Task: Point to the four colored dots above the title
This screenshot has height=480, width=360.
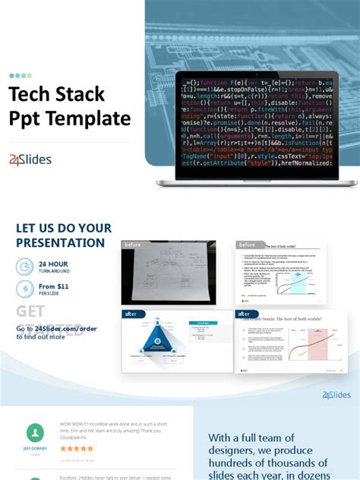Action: tap(21, 75)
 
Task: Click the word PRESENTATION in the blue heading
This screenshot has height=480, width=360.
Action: tap(61, 243)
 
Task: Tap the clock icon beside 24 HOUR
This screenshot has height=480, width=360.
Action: tap(24, 266)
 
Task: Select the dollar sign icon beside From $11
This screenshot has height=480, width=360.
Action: tap(24, 289)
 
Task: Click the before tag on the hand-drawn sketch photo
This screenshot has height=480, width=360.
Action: tap(134, 245)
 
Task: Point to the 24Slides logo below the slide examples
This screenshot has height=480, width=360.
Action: tap(336, 395)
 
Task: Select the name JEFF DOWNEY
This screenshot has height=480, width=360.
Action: tap(35, 448)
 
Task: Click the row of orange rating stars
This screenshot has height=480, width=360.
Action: tap(77, 448)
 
